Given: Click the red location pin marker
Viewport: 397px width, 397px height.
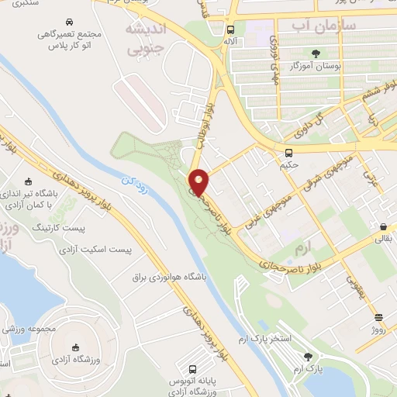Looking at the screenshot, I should tap(199, 181).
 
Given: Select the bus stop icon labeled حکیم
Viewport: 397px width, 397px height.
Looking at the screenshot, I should tap(288, 153).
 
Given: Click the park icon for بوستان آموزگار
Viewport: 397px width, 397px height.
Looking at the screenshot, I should tap(315, 53).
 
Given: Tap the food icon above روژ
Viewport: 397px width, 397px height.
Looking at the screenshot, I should tap(378, 317).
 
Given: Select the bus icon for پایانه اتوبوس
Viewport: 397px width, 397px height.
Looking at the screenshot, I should tap(192, 368).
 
